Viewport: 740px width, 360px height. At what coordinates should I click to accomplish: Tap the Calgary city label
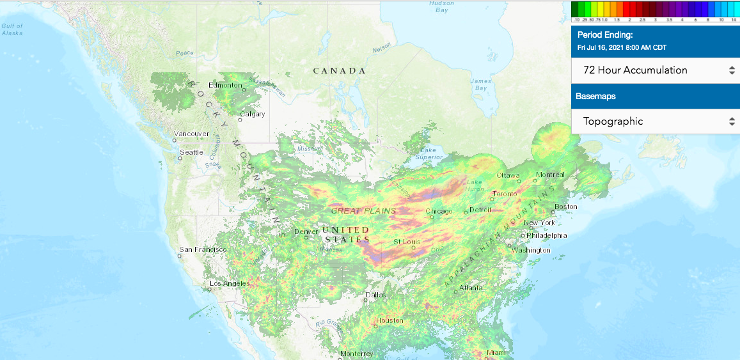pos(252,115)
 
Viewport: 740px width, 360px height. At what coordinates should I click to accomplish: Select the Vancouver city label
pos(191,134)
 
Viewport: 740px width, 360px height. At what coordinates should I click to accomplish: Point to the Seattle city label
pos(191,152)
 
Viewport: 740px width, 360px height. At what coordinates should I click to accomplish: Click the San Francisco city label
pos(203,249)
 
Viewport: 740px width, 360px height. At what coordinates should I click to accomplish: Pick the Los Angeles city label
pos(228,283)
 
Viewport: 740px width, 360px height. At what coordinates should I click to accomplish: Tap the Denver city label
pos(306,231)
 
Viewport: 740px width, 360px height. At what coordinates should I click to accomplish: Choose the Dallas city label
pos(375,295)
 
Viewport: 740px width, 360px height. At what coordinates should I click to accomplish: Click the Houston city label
pos(390,320)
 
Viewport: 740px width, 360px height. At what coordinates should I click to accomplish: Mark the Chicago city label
pos(439,211)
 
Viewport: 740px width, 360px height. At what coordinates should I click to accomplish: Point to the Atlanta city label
pos(471,288)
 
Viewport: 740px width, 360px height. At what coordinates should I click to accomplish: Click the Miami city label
pos(495,352)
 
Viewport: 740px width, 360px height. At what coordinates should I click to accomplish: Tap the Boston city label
pos(566,207)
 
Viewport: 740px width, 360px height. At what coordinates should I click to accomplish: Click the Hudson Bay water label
pos(441,6)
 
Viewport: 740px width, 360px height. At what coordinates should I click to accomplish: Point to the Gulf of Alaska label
pos(12,29)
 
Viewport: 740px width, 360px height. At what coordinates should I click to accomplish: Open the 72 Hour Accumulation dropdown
pos(655,70)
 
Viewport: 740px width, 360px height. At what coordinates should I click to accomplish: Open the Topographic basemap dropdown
pos(655,121)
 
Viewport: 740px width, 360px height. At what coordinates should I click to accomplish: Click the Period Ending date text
pos(622,48)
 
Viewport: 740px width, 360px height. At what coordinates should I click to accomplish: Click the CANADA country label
pos(339,71)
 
